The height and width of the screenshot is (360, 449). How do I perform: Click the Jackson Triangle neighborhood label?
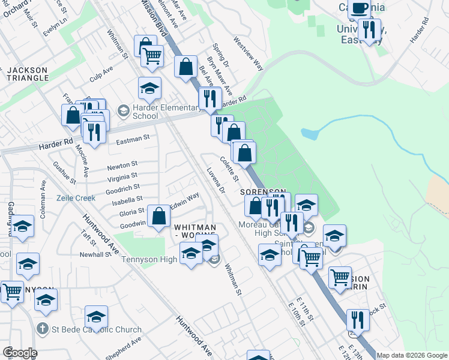point(27,74)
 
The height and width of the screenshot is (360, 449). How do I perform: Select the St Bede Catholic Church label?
point(96,329)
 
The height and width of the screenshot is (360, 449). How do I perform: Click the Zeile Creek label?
point(76,197)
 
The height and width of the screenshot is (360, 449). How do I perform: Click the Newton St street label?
point(122,164)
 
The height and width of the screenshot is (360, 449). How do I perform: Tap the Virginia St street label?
point(122,178)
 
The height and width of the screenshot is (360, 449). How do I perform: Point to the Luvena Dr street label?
point(215,181)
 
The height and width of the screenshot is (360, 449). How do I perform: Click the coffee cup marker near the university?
point(360,10)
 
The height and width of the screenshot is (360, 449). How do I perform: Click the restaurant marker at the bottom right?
point(357,320)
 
